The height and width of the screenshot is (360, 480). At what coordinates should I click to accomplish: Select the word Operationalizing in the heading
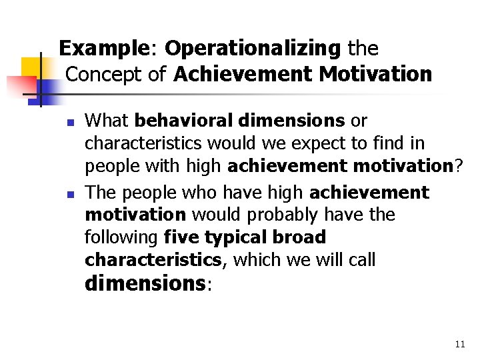tap(253, 49)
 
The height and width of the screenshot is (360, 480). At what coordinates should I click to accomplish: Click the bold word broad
tap(301, 237)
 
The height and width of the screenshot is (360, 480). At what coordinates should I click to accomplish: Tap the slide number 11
tap(459, 344)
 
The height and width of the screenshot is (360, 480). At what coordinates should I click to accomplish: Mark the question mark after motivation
tap(458, 166)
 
